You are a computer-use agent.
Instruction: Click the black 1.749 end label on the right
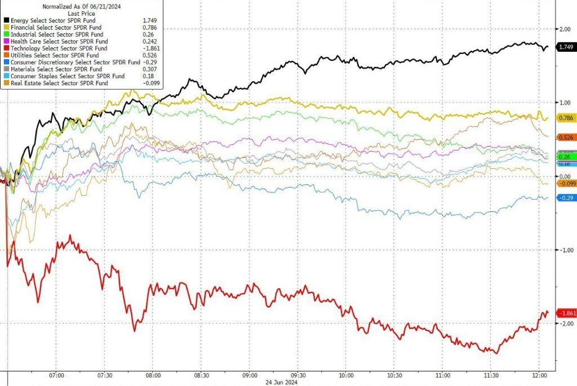pyautogui.click(x=566, y=48)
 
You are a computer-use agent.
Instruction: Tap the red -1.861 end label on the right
pyautogui.click(x=566, y=313)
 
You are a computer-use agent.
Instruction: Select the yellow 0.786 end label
pyautogui.click(x=566, y=118)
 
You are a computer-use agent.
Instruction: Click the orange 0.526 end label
pyautogui.click(x=566, y=137)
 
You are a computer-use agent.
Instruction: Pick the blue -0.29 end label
pyautogui.click(x=566, y=198)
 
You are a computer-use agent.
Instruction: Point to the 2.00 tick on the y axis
pyautogui.click(x=565, y=29)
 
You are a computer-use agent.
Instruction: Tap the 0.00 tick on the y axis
pyautogui.click(x=565, y=176)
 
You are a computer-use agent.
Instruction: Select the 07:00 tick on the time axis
pyautogui.click(x=56, y=375)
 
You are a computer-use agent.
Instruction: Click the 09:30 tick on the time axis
pyautogui.click(x=298, y=375)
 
